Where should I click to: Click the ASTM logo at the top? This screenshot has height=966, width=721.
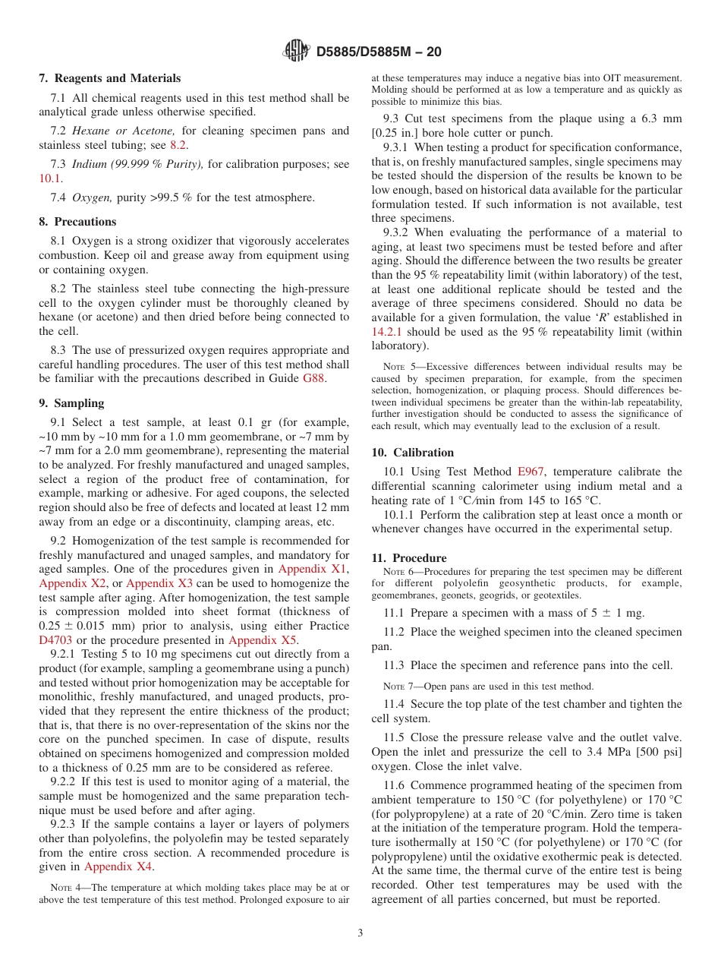(x=296, y=51)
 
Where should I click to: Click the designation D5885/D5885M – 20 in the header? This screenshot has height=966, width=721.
(x=378, y=52)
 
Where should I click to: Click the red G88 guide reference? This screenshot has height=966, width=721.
(x=313, y=379)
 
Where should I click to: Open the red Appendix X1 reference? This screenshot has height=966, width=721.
(x=313, y=569)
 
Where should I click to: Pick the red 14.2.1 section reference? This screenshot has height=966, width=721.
(x=387, y=332)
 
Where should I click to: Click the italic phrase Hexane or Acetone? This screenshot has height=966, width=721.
(x=124, y=131)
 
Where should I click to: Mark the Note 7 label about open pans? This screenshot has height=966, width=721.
(x=395, y=687)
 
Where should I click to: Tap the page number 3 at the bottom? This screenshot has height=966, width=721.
(x=360, y=933)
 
